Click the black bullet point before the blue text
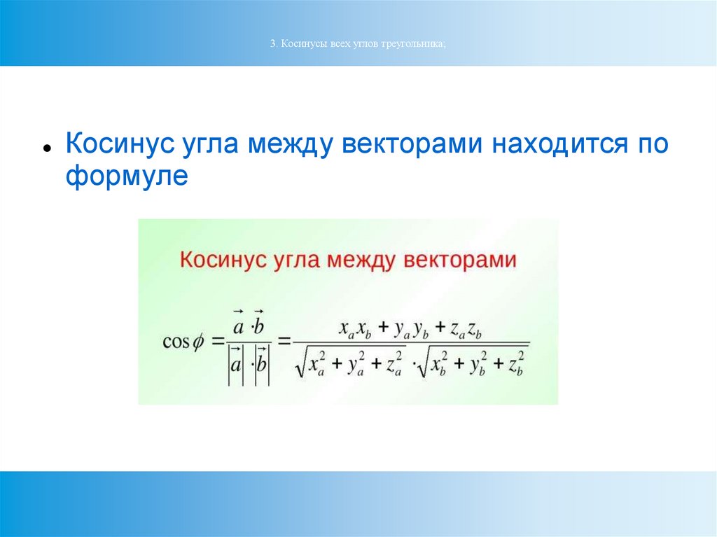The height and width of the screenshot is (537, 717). [x=47, y=148]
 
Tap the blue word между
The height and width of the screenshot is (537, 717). [x=289, y=144]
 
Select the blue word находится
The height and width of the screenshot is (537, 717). [x=560, y=144]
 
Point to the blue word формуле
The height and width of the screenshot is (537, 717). [x=127, y=176]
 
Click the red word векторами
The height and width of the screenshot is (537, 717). [x=460, y=260]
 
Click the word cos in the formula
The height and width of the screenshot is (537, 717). [x=176, y=342]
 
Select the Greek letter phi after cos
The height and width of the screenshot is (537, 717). [x=197, y=342]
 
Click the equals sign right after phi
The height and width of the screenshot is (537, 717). [x=219, y=342]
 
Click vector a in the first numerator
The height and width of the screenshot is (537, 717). [x=238, y=323]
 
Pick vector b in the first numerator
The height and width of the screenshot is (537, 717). [x=259, y=323]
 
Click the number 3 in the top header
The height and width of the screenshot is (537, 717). [x=272, y=44]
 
